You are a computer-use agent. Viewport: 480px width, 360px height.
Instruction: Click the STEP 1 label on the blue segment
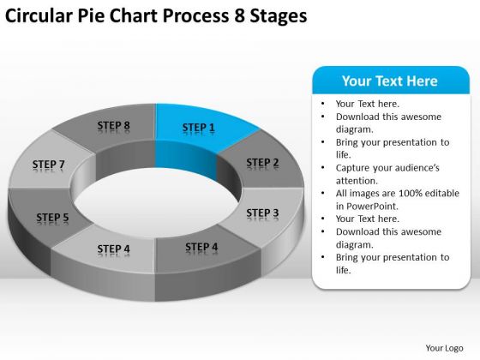click(199, 128)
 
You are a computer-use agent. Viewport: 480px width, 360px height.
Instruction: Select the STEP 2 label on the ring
click(262, 162)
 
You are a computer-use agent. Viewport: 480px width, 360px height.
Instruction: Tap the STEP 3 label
click(262, 213)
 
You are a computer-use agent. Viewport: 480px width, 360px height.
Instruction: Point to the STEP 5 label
click(52, 217)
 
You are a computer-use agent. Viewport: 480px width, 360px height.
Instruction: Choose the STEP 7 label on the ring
click(49, 164)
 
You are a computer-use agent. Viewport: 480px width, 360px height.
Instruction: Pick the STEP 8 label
click(113, 125)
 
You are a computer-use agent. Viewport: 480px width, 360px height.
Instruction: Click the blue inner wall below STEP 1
click(186, 159)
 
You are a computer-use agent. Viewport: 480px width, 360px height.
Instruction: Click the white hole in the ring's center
click(156, 202)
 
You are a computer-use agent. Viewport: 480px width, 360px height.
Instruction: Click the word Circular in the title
click(39, 15)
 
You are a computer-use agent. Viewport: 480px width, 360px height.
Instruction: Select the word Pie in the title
click(91, 15)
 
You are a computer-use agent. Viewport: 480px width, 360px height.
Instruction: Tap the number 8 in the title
click(239, 15)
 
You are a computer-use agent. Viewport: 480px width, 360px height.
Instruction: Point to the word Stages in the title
click(279, 16)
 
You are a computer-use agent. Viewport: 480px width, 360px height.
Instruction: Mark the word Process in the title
click(196, 15)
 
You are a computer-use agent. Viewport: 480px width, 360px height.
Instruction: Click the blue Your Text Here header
click(391, 81)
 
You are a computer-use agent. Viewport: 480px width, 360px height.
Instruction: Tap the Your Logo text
click(444, 348)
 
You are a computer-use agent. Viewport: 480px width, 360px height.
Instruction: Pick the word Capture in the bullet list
click(352, 168)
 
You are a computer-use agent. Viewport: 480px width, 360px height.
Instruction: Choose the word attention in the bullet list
click(357, 181)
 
